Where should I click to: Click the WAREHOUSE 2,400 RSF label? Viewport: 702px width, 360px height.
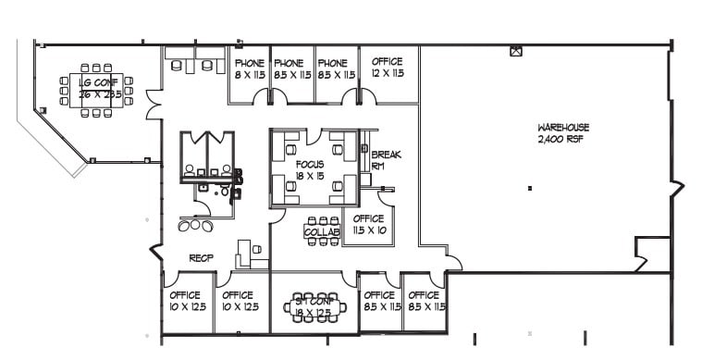563,132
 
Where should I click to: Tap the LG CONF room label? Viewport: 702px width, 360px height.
100,88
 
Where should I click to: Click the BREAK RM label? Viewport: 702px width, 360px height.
386,159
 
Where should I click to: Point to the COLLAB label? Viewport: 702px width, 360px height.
321,232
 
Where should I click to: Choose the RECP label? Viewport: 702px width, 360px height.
202,258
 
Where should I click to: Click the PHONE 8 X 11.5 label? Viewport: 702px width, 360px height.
249,68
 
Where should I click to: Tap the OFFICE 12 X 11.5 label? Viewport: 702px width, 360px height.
387,67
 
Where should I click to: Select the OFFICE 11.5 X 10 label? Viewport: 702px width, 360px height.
369,224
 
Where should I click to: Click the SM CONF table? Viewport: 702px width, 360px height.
314,306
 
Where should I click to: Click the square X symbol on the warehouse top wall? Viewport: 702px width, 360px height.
516,51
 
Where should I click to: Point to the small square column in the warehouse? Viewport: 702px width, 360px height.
529,188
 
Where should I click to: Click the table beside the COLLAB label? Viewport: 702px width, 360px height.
322,231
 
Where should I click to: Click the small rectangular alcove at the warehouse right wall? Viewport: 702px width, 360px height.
651,253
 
